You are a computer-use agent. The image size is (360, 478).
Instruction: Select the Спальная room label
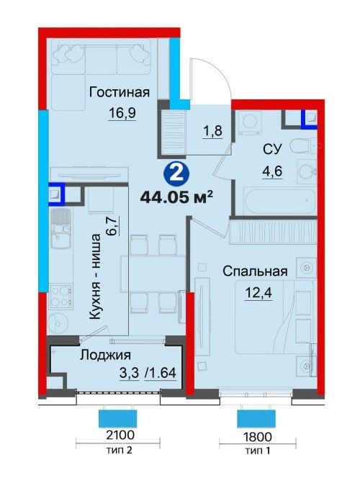255,271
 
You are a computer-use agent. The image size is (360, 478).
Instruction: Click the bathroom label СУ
272,149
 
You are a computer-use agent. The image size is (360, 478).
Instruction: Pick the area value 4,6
271,171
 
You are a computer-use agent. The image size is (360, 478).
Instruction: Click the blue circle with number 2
174,173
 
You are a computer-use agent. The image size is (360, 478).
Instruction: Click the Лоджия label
104,355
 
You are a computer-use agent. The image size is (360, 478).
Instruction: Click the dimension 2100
116,436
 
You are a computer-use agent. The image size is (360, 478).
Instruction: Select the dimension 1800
256,436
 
